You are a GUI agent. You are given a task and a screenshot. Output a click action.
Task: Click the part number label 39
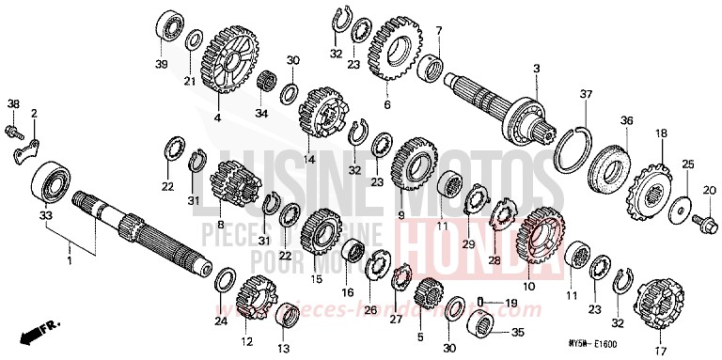160,63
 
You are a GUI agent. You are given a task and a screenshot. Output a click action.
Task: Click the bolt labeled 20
702,222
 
